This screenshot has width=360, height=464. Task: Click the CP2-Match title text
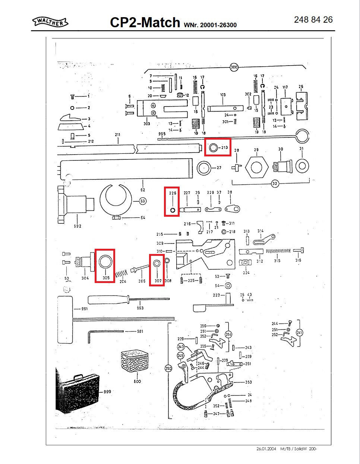click(x=145, y=23)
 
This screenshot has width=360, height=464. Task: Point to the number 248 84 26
click(x=313, y=20)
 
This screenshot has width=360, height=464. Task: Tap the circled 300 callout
click(x=234, y=67)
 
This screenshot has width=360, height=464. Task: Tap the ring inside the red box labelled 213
click(x=213, y=147)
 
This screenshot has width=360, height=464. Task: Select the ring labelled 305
click(x=105, y=262)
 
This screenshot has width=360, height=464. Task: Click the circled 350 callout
click(x=168, y=368)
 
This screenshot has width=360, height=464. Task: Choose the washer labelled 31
click(x=302, y=166)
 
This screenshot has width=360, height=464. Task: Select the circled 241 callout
click(x=300, y=332)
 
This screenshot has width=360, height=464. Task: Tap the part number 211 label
click(x=118, y=134)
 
